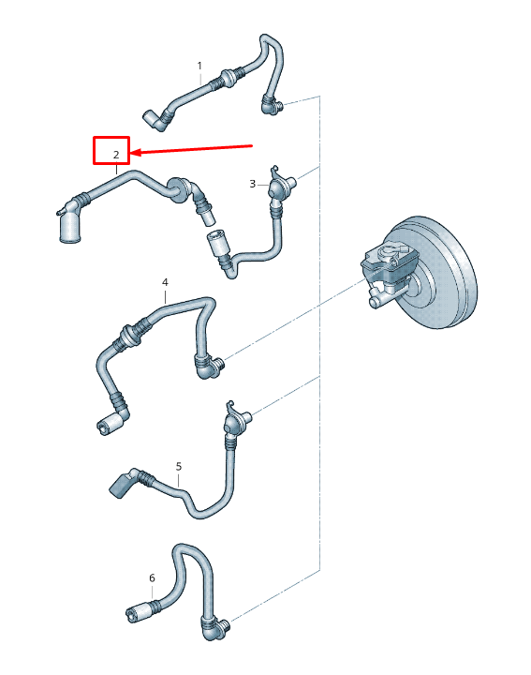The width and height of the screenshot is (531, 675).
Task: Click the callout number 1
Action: coord(199,66)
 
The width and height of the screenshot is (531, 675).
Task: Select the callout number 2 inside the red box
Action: coord(116,154)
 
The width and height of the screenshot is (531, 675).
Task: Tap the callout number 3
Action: coord(252,184)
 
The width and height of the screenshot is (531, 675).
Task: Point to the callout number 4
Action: coord(165,282)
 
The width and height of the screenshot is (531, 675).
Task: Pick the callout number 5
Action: coord(178,466)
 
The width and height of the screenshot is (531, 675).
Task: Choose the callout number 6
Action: coord(152,577)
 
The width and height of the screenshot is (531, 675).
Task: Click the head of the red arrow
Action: coord(134,152)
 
